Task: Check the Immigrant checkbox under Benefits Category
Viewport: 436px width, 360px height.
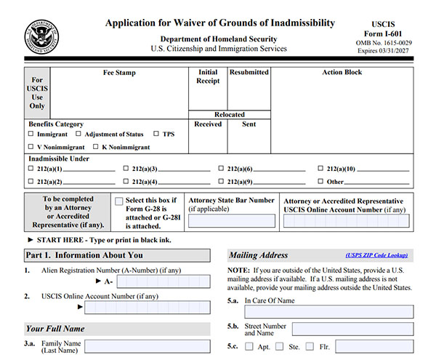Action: click(x=31, y=135)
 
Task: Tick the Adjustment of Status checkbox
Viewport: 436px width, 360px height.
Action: click(x=80, y=135)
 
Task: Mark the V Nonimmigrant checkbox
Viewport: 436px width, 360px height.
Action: click(x=31, y=147)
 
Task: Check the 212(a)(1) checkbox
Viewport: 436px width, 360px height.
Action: click(x=31, y=169)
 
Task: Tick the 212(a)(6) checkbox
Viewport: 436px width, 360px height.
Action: click(x=221, y=169)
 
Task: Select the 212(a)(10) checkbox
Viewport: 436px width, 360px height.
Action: click(x=320, y=169)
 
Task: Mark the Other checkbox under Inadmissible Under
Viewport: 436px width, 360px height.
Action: click(x=320, y=182)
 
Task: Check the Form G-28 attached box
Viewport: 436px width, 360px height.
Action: click(x=119, y=201)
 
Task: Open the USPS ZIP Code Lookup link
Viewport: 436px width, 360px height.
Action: click(x=376, y=256)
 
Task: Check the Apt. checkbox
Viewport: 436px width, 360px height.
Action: click(x=249, y=347)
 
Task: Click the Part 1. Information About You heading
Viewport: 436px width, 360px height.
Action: click(x=84, y=255)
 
